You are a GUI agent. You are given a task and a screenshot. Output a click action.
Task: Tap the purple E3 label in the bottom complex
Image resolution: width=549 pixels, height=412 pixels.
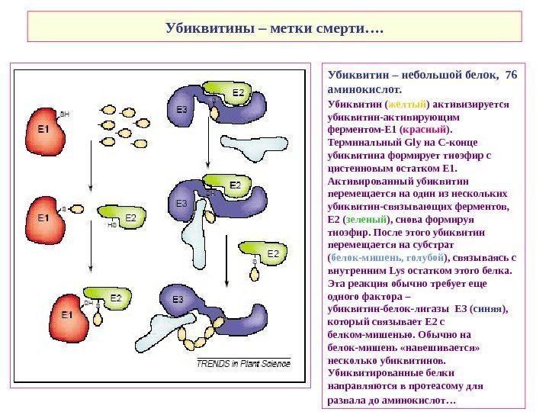(178, 298)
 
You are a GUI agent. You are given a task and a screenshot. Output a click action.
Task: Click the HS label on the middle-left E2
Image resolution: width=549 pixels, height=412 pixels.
(112, 225)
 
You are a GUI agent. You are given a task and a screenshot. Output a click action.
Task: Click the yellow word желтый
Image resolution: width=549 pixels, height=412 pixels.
(406, 104)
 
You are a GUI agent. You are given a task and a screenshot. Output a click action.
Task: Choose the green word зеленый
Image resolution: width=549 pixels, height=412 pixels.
(357, 219)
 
